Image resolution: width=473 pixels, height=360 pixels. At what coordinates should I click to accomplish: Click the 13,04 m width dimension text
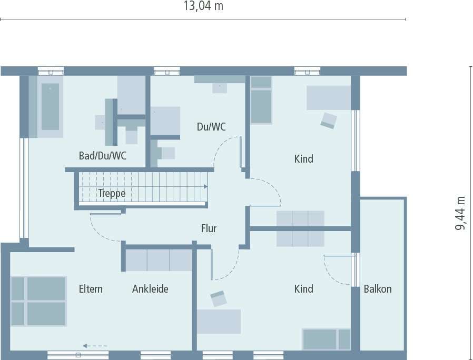(x=203, y=6)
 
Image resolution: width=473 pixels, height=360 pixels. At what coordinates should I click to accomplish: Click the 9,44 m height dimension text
(x=461, y=212)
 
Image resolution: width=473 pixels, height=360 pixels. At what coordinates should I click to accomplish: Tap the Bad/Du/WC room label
(x=102, y=156)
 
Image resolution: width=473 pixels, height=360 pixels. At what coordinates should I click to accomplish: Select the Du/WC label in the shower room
(x=211, y=127)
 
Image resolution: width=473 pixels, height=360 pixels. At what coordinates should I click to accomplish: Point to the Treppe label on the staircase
(x=112, y=193)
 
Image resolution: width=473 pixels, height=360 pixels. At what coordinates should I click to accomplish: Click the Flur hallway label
(x=209, y=228)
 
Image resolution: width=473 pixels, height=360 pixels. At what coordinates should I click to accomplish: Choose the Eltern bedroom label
(x=91, y=289)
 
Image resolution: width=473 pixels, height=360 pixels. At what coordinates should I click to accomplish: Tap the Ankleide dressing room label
(x=150, y=289)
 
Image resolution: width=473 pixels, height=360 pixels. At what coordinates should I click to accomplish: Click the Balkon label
(x=378, y=289)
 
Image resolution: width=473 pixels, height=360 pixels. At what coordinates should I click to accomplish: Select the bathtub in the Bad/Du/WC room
(x=50, y=106)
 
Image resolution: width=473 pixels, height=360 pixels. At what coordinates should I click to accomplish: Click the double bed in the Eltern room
(x=38, y=301)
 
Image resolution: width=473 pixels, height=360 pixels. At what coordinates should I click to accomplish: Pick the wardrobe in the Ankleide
(x=159, y=259)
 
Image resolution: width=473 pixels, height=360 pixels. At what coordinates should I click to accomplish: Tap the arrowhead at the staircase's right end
(x=205, y=186)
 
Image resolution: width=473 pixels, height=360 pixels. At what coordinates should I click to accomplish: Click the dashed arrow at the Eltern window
(x=95, y=346)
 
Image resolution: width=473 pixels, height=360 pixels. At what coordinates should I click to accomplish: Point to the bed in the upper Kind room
(x=261, y=100)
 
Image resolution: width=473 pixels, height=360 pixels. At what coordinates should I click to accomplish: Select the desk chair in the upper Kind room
(x=329, y=121)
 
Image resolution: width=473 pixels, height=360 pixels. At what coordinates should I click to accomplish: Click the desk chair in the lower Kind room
(x=218, y=299)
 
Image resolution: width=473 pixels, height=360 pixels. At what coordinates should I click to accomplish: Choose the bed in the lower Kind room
(x=326, y=339)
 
